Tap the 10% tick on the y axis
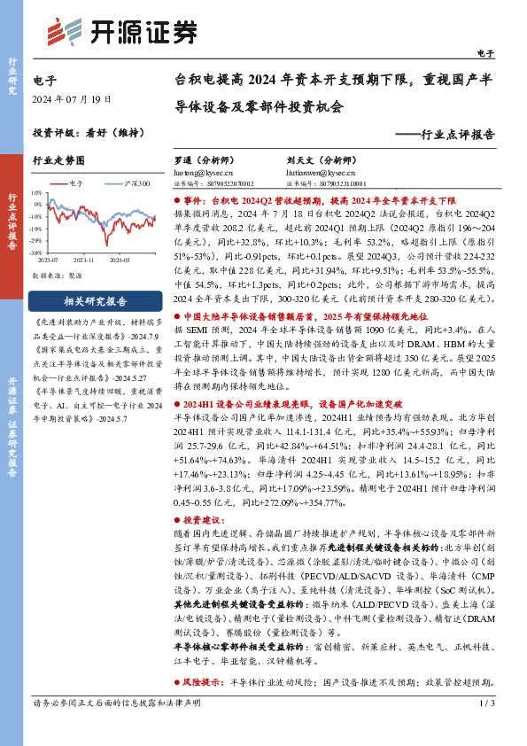point(41,190)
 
